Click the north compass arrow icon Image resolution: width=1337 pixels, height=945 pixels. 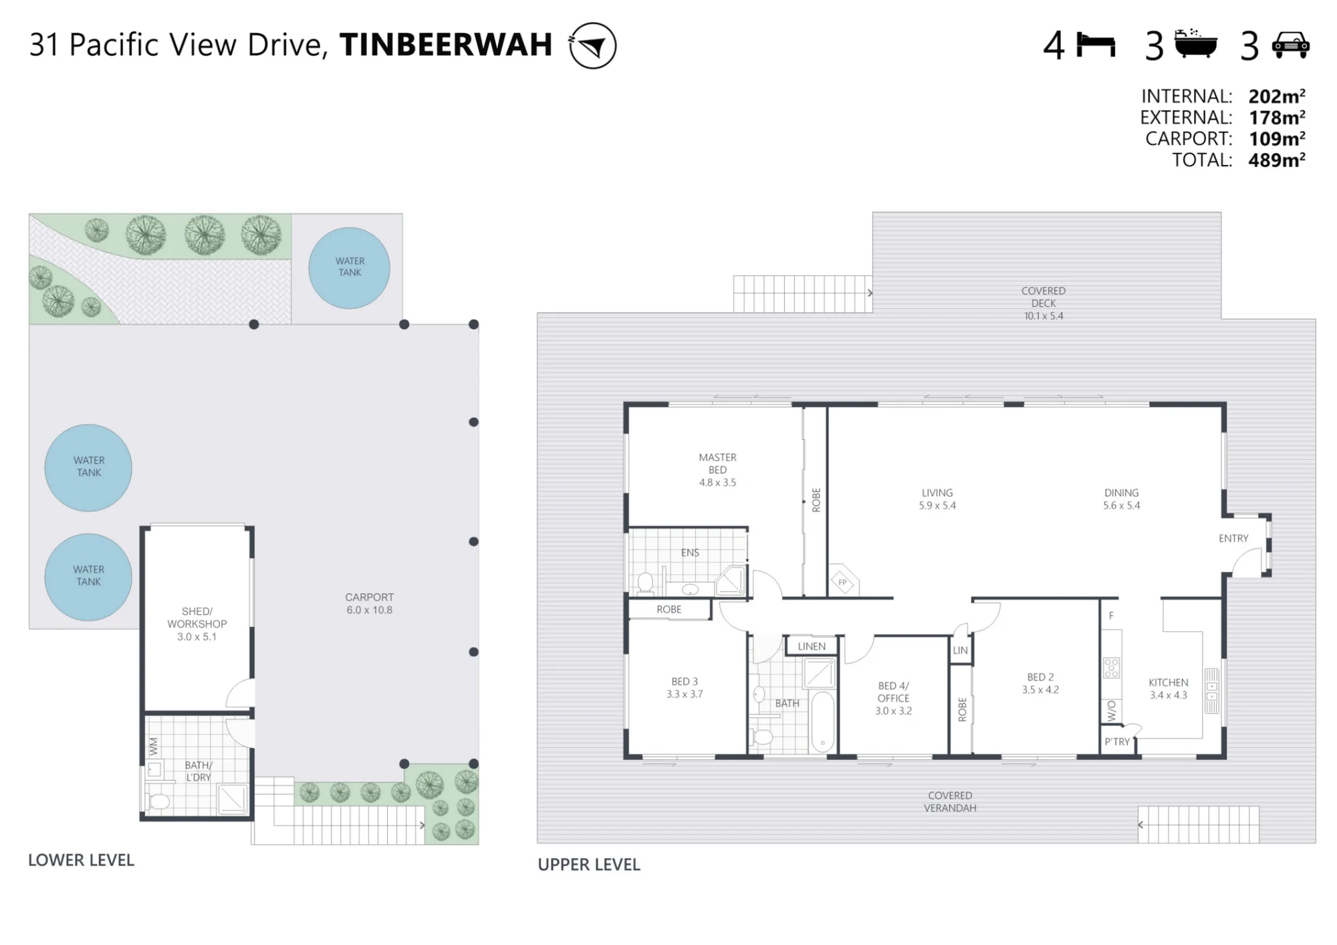click(592, 45)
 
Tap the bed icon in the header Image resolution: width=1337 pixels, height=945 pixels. click(1096, 45)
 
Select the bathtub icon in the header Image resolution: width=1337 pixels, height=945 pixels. click(1196, 44)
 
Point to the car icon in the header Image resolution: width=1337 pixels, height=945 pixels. click(1290, 45)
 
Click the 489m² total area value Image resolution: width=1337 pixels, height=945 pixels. click(1277, 160)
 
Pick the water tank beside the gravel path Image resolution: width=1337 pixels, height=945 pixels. click(349, 268)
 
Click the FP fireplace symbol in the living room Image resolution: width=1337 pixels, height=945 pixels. click(842, 582)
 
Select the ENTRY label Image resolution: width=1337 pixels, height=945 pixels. click(1233, 539)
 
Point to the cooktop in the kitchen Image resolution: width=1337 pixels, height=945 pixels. click(1111, 668)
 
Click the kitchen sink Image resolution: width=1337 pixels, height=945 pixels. click(1211, 690)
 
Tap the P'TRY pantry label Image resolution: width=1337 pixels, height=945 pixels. click(1117, 742)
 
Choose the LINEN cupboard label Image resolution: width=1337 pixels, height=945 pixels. click(812, 646)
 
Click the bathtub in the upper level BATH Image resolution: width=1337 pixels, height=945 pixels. click(822, 722)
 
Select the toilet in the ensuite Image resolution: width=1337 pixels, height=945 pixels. click(645, 583)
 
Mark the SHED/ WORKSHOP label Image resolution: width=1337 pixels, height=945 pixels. click(197, 618)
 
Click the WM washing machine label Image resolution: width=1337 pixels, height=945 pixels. click(154, 747)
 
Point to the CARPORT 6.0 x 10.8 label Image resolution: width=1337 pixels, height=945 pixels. click(370, 603)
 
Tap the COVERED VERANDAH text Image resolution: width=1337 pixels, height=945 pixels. click(950, 801)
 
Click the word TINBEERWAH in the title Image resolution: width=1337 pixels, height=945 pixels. click(446, 45)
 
